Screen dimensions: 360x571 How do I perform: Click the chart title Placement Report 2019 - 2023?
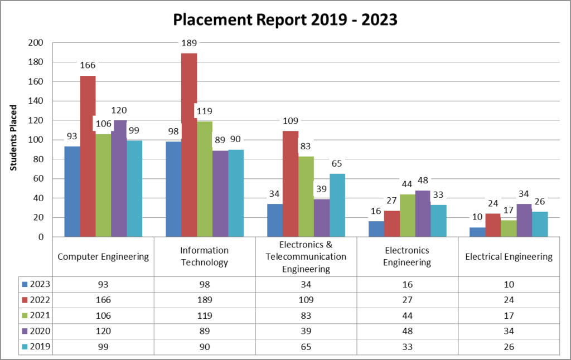point(285,20)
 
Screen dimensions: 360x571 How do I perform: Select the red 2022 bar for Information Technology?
point(189,145)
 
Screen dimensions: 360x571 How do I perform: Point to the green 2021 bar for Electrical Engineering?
point(509,228)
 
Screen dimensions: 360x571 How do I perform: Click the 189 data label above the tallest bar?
point(189,43)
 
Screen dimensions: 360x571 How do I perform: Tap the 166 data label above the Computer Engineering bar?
point(88,65)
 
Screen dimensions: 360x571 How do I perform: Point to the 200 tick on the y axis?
point(35,42)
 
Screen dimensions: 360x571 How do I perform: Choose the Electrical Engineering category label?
point(509,257)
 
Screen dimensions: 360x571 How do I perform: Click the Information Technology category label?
point(205,257)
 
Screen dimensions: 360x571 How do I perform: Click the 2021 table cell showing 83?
point(306,315)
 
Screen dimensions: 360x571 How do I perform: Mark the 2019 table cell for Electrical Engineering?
point(509,347)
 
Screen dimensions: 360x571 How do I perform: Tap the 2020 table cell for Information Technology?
point(205,331)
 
